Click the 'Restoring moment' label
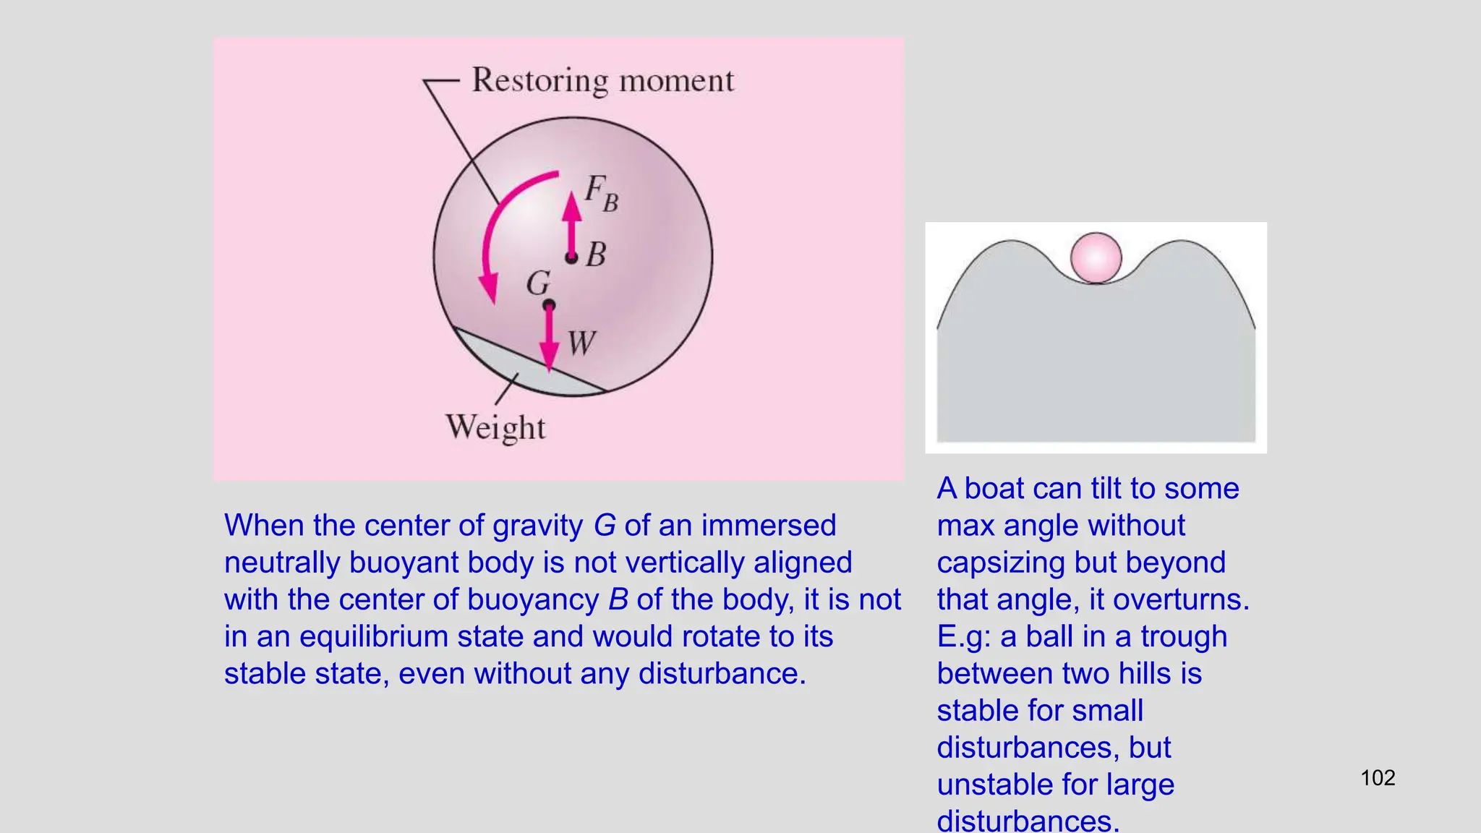pos(602,80)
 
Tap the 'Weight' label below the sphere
pos(495,427)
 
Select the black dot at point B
pos(571,257)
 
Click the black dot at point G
pos(549,305)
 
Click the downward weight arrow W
pos(550,340)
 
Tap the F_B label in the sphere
pos(601,193)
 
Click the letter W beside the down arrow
pos(581,343)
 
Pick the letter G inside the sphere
pos(538,283)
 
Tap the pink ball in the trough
pos(1096,257)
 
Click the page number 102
pos(1378,778)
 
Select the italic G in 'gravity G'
pos(605,526)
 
